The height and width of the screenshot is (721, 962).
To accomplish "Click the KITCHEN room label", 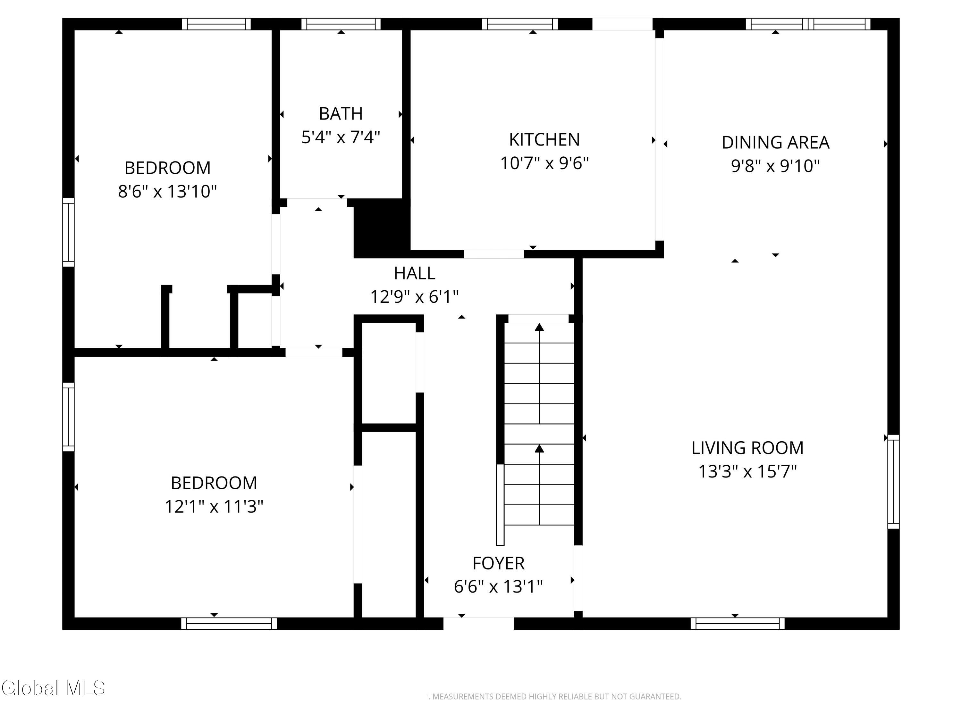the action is tap(544, 139).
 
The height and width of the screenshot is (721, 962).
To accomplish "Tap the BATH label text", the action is tap(341, 113).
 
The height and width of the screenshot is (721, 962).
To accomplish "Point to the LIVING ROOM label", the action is tap(747, 448).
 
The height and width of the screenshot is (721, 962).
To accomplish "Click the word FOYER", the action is tap(498, 563).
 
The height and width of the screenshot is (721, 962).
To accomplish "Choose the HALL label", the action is tap(414, 273).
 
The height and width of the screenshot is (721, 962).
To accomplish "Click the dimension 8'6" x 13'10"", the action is tap(167, 191).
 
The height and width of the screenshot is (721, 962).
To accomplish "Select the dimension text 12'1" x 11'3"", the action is tap(214, 506).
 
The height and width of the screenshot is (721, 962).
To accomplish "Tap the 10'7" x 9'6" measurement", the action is tap(544, 163).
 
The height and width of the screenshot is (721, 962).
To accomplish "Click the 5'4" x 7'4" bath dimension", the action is tap(341, 137).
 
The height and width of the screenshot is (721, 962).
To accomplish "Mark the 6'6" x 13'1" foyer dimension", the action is tap(498, 587).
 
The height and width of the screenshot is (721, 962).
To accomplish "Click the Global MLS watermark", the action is tap(53, 688).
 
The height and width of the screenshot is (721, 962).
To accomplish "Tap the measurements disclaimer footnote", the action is tap(555, 697).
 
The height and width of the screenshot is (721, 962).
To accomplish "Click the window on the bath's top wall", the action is tap(341, 24).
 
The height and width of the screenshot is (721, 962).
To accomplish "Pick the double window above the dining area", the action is tap(808, 24).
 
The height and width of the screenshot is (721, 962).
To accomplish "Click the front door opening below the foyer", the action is tap(478, 623).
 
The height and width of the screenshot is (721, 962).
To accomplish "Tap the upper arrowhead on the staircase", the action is tap(539, 327).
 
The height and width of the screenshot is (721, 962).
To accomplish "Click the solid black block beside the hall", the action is tap(381, 228).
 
